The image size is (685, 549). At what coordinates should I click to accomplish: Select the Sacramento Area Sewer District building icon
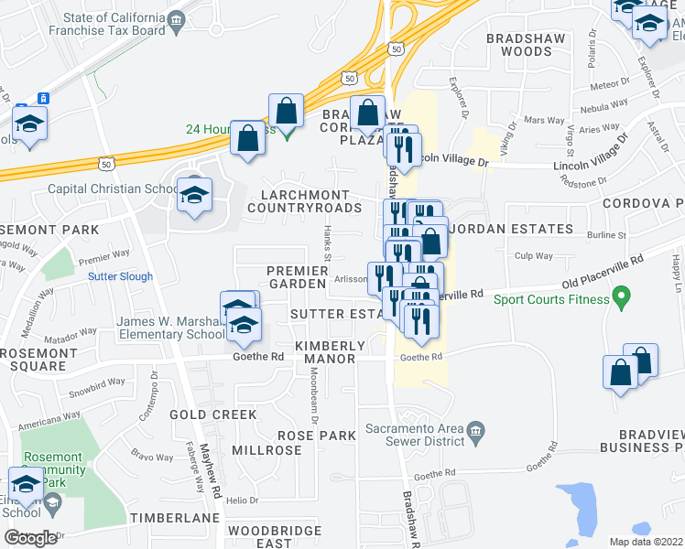474,430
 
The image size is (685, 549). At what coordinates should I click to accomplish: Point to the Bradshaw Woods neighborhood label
518,46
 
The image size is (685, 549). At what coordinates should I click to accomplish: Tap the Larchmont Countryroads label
305,201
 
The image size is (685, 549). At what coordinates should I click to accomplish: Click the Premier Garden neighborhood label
298,277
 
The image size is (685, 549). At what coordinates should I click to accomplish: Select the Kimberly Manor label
330,352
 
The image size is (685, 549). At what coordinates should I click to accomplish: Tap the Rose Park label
316,436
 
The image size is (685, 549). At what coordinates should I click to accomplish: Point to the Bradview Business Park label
641,441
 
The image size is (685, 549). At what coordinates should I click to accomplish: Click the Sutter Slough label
121,275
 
